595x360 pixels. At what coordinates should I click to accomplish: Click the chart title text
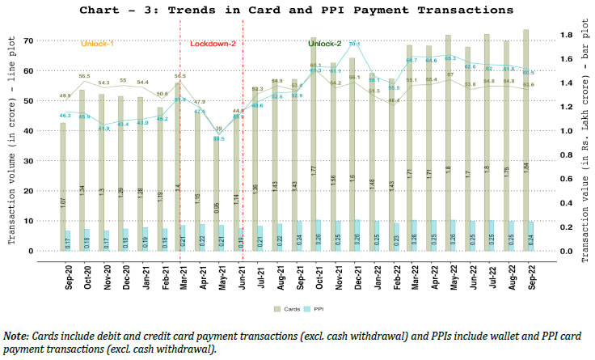point(297,11)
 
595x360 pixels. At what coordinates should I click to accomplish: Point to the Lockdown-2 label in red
point(213,43)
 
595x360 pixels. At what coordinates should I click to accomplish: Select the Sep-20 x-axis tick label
point(68,273)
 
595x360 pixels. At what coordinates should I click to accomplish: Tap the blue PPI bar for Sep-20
point(68,240)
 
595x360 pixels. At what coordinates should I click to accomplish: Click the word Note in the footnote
point(15,335)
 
